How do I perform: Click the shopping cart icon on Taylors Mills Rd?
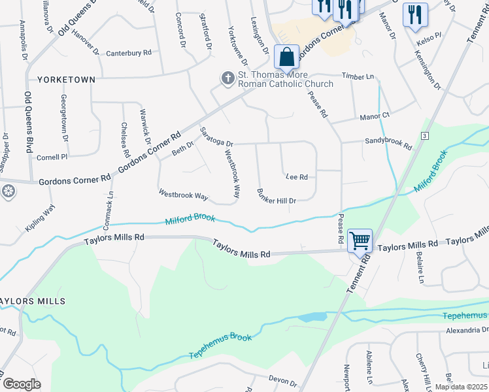(360, 241)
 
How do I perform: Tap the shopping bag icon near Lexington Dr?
(286, 57)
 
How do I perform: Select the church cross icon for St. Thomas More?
(228, 79)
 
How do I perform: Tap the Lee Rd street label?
(296, 177)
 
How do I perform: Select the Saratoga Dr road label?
(216, 137)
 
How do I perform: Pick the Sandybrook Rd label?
(388, 140)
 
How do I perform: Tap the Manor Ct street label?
(375, 116)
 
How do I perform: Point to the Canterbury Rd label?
(129, 52)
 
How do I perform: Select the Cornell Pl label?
(52, 157)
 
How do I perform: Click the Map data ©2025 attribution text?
(460, 387)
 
